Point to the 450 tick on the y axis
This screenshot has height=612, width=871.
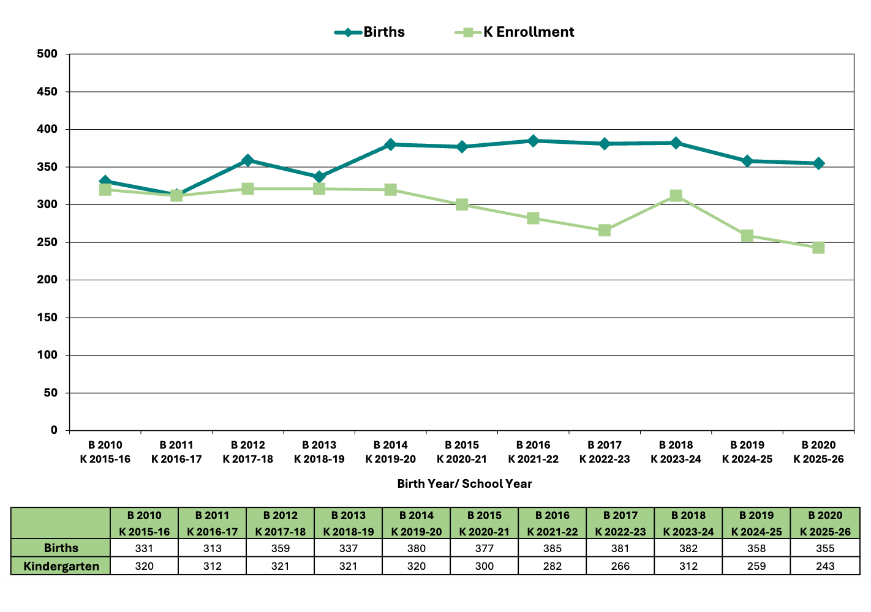point(47,92)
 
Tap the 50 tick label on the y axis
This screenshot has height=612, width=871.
point(50,393)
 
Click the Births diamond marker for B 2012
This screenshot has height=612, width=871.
point(248,160)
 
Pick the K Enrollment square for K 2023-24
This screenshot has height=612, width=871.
point(676,196)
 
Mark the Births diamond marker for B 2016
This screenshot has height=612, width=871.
point(533,141)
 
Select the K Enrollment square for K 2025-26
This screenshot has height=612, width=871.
point(818,248)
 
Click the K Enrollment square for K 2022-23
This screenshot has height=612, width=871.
point(605,230)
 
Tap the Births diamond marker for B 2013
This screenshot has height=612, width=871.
point(319,177)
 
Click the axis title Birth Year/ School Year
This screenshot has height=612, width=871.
point(464,484)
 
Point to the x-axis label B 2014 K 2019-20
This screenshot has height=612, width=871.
point(391,452)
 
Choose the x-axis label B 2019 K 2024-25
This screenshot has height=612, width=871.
point(747,452)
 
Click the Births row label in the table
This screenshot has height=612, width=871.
point(61,548)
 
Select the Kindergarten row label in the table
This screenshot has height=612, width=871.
point(61,566)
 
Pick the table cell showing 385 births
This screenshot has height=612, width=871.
point(552,548)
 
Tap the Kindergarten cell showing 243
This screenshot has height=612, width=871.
point(825,566)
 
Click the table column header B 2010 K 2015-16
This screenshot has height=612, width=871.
point(145,523)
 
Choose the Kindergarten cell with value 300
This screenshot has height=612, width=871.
point(485,566)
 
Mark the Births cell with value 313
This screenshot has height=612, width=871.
point(213,548)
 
